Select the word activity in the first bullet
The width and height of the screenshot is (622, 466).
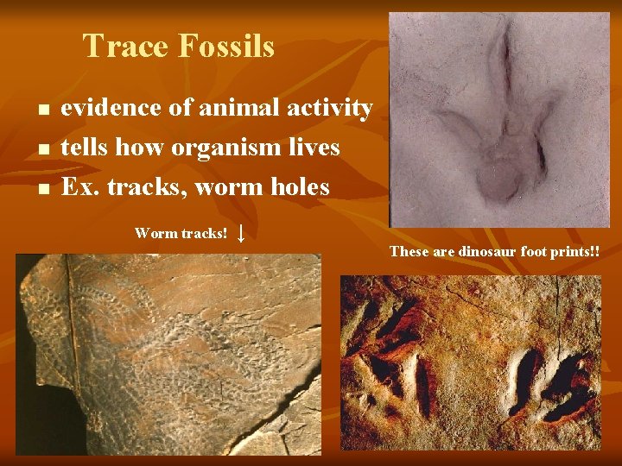pos(325,109)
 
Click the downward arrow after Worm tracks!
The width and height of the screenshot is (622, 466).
pos(242,233)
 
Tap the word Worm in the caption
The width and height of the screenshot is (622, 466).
pos(155,233)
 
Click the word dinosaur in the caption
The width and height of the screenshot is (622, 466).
pos(492,252)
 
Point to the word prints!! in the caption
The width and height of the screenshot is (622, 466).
pos(577,252)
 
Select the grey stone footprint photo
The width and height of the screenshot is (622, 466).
pos(499,120)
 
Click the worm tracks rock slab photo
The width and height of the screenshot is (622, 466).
pos(168,354)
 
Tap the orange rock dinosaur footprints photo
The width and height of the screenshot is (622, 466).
pos(470,362)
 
